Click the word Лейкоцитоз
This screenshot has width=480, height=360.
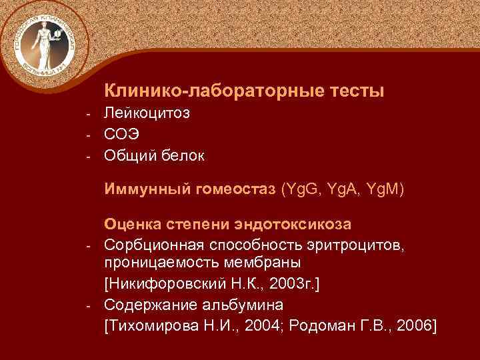point(147,113)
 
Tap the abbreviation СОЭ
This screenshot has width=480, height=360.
point(122,135)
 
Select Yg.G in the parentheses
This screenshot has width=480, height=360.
point(303,190)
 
